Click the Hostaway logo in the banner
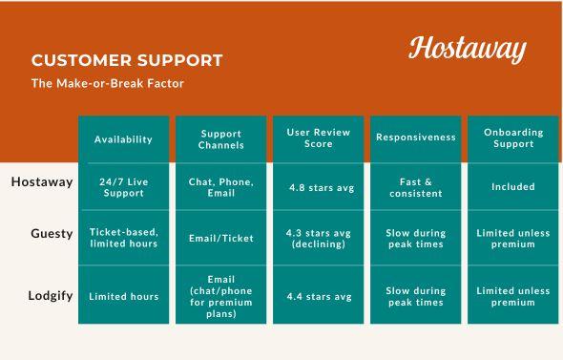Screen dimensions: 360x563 (x=468, y=48)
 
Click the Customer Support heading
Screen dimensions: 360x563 (x=127, y=60)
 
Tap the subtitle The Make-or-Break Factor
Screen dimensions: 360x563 (x=107, y=83)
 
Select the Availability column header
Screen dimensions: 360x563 (x=123, y=139)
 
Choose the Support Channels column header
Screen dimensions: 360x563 (x=221, y=139)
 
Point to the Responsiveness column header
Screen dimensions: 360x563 (x=416, y=138)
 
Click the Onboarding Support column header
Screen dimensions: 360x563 (x=512, y=139)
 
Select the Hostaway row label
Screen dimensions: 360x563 (x=42, y=182)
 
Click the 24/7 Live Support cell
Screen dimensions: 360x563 (x=123, y=187)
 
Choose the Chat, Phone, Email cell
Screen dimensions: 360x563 (x=221, y=187)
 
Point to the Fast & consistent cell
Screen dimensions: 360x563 (x=416, y=187)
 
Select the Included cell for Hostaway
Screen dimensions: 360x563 (x=512, y=187)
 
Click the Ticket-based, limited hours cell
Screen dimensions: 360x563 (x=123, y=238)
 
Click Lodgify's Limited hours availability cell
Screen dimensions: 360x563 (x=123, y=297)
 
